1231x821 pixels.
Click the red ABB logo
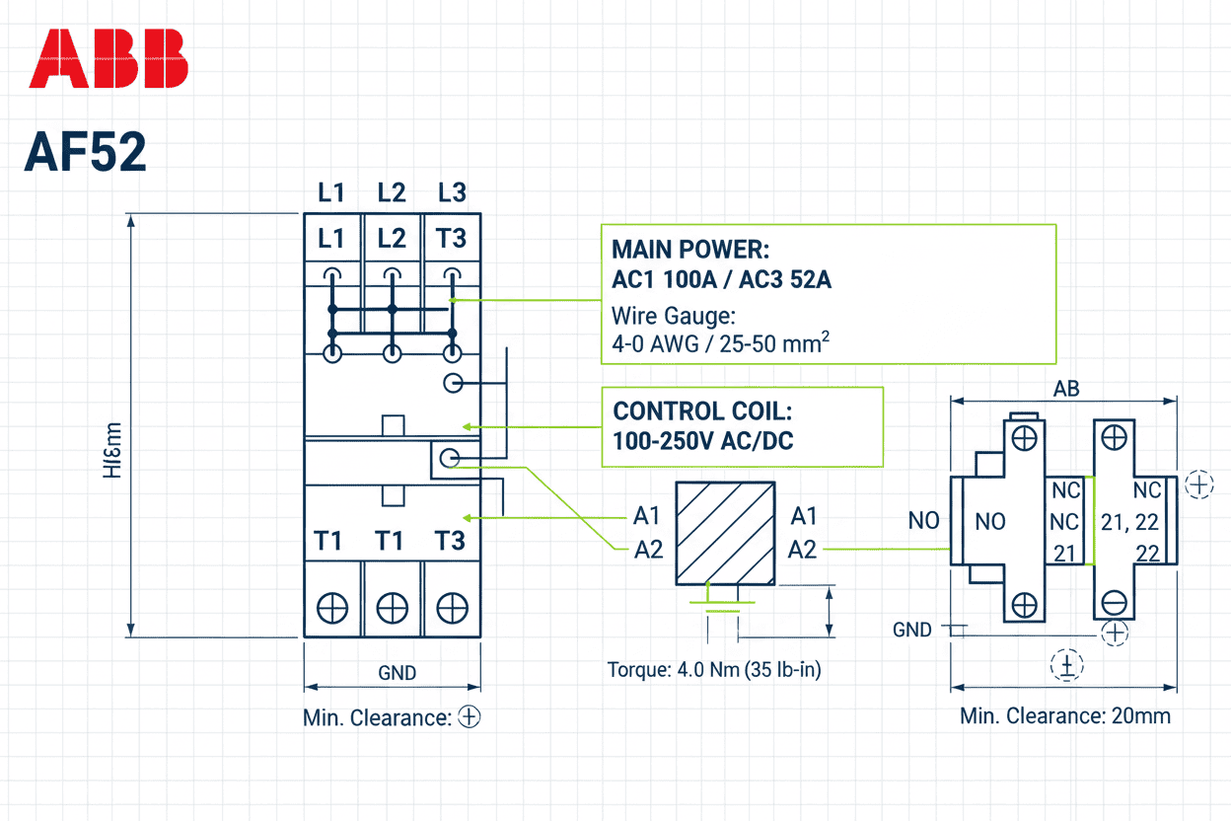109,58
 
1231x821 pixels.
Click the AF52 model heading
86,152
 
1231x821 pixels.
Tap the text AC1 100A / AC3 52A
721,280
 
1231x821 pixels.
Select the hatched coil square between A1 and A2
724,533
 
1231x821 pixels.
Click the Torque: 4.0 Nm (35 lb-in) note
714,670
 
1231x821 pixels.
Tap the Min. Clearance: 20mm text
1065,716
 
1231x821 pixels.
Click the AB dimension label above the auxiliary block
1066,389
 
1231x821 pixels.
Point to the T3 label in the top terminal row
451,239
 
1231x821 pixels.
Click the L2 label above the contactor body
392,192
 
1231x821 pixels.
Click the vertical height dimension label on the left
112,450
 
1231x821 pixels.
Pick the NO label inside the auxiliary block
989,522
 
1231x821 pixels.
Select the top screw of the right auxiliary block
1115,436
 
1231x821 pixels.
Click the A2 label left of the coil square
648,550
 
